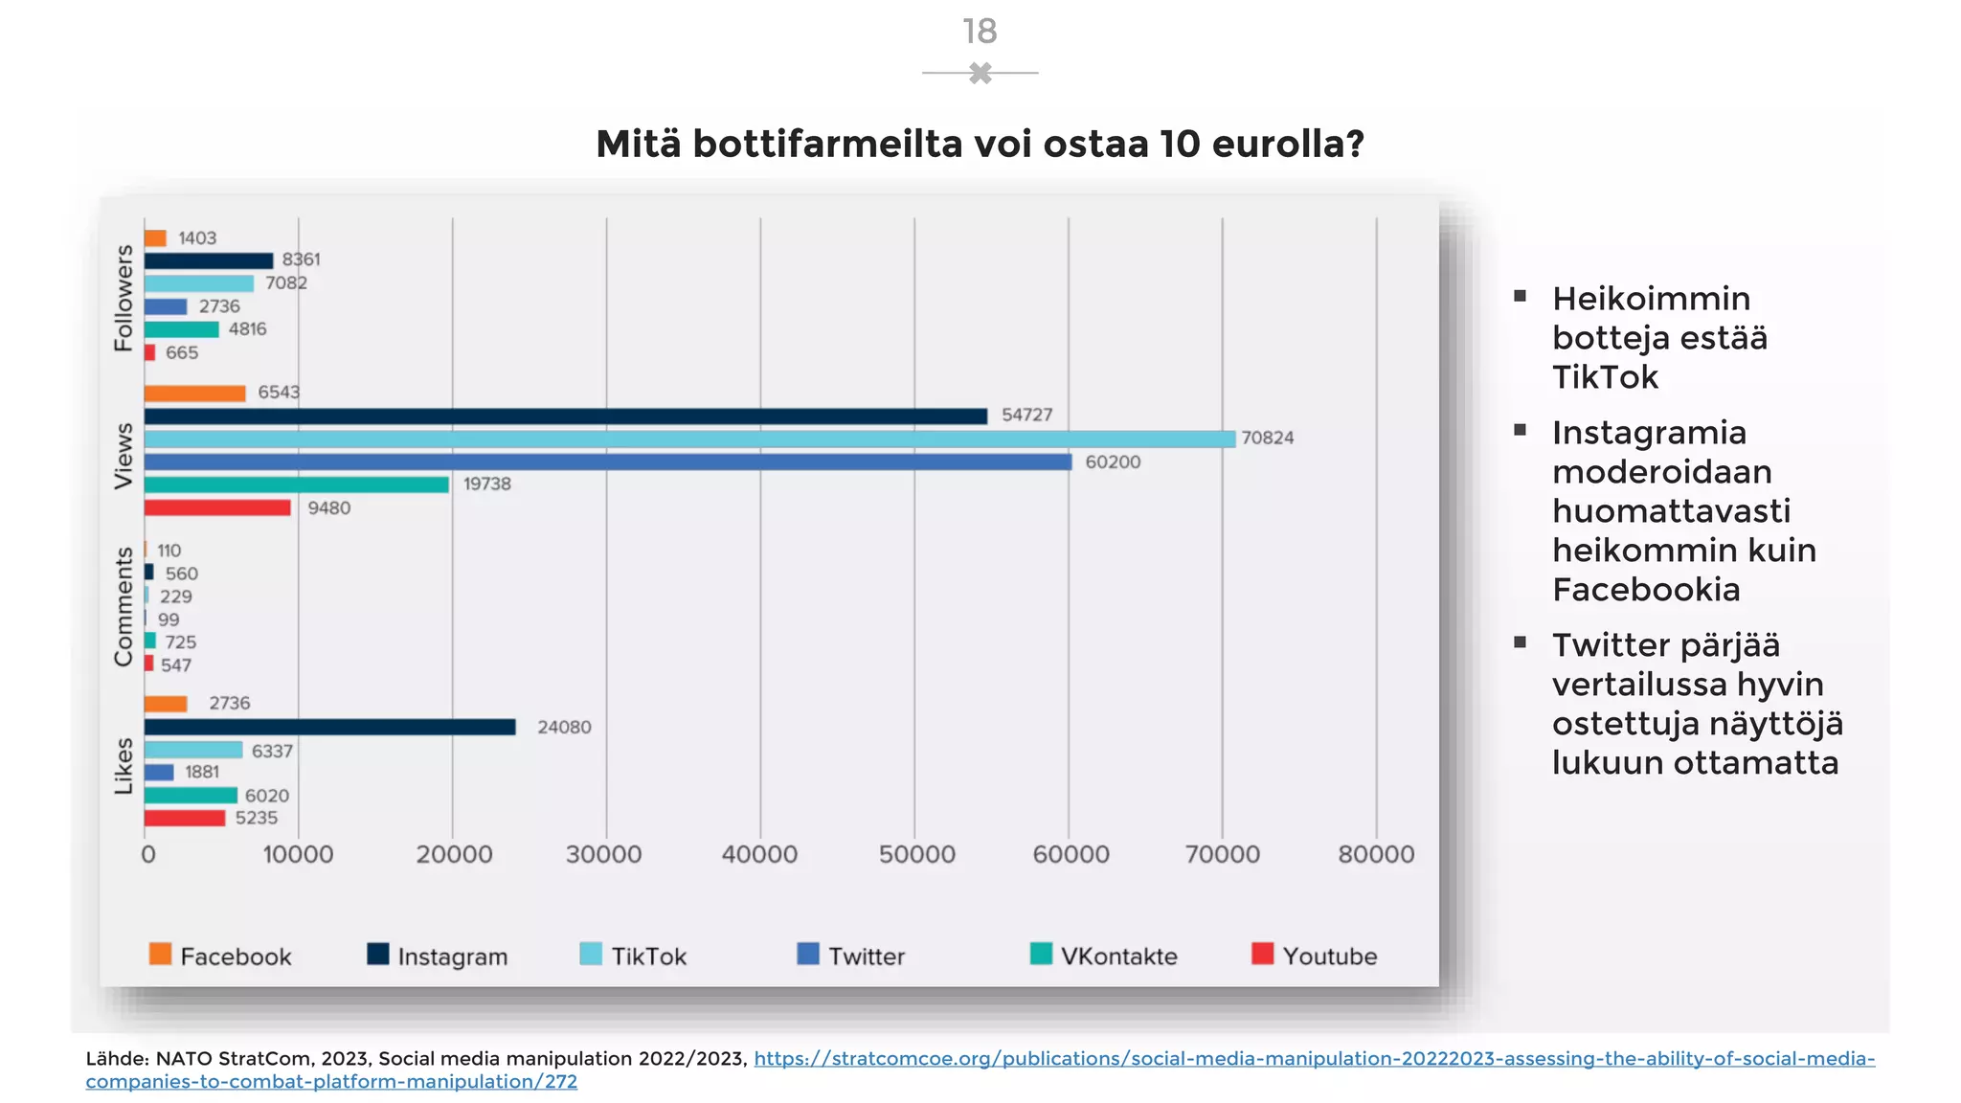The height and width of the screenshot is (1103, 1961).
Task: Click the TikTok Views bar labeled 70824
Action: coord(689,439)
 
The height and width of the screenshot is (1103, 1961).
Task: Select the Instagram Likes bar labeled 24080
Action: coord(329,728)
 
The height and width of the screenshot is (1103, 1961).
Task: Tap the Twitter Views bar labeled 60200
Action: coord(608,462)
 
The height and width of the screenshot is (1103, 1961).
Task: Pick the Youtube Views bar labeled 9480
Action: coord(217,508)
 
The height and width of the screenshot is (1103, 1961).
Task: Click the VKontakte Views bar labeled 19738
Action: coord(297,485)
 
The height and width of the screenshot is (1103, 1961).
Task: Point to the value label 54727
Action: coord(1026,416)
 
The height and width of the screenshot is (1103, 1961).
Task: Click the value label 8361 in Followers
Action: coord(301,259)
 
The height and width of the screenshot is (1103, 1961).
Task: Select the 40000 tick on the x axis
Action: coord(759,854)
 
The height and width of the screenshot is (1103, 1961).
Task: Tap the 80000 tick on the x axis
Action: coord(1376,854)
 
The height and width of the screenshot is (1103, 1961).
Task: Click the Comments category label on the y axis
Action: coord(124,607)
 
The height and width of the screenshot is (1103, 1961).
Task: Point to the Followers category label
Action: coord(124,298)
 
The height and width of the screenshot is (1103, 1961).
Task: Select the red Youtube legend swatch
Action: coord(1263,954)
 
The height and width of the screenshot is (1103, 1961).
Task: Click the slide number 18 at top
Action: coord(980,32)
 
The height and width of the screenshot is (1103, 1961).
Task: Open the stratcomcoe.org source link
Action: coord(1314,1059)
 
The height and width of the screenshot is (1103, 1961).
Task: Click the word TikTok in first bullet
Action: coord(1605,377)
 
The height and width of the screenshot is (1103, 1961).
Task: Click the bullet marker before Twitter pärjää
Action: coord(1520,642)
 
